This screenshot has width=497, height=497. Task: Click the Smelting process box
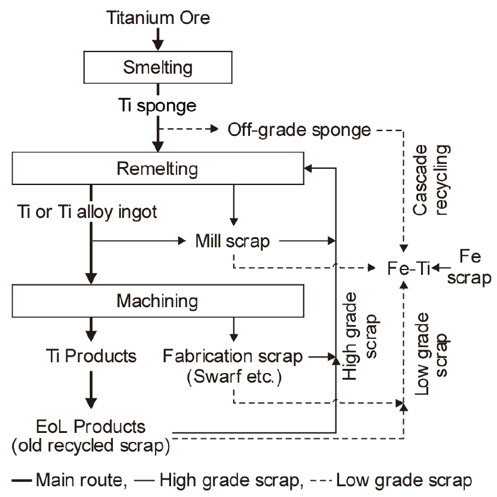tap(158, 67)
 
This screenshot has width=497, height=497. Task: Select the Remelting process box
tap(158, 168)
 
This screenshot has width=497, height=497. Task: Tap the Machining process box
tap(158, 299)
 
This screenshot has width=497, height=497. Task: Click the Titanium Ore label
tap(158, 17)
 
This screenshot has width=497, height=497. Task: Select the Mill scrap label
tap(233, 241)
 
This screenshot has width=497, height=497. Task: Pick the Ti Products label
tap(90, 356)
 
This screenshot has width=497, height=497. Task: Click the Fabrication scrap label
tap(233, 356)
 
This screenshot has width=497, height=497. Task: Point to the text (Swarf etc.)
tap(232, 378)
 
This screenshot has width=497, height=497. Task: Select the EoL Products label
tap(90, 428)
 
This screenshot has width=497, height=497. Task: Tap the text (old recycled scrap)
tap(90, 446)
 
